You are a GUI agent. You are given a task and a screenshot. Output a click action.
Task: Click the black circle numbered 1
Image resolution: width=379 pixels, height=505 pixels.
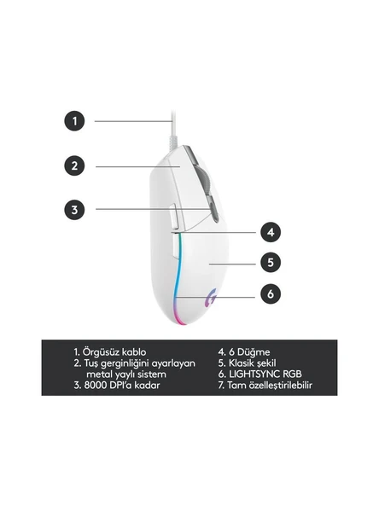(75, 121)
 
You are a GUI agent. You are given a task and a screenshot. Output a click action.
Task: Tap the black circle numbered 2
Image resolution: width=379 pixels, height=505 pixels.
(75, 165)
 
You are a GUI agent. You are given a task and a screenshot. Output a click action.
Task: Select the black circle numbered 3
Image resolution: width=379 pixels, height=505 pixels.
(75, 210)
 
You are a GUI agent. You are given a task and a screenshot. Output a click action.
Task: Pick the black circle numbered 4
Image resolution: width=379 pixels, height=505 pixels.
(271, 232)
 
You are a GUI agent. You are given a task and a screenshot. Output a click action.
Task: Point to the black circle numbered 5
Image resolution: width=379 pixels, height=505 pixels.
(271, 263)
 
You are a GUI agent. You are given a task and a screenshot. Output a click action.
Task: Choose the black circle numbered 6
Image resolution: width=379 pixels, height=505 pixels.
(271, 293)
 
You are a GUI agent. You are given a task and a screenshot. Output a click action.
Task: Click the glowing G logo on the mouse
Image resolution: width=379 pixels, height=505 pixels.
(211, 297)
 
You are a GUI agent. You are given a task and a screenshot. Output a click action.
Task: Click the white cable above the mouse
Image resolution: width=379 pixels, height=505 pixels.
(173, 129)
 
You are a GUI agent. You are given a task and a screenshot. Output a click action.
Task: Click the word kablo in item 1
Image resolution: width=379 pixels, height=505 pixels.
(134, 351)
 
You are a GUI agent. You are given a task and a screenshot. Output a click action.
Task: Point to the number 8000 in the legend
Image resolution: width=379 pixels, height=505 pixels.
(96, 385)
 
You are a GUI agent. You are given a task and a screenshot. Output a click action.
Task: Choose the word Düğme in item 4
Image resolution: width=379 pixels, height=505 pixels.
(254, 352)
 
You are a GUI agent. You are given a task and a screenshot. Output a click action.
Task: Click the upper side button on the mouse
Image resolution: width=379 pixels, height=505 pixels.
(172, 216)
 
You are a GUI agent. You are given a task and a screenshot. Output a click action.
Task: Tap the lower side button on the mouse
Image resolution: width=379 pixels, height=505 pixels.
(174, 246)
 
